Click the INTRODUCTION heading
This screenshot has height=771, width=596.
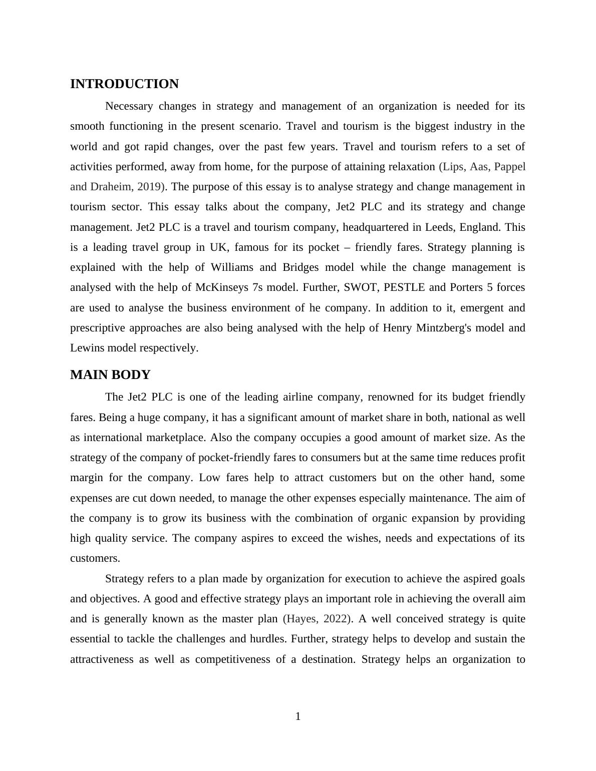coord(124,84)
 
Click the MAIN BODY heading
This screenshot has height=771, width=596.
coord(110,375)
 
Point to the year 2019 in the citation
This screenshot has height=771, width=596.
coord(149,187)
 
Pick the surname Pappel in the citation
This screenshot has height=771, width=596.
coord(509,167)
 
